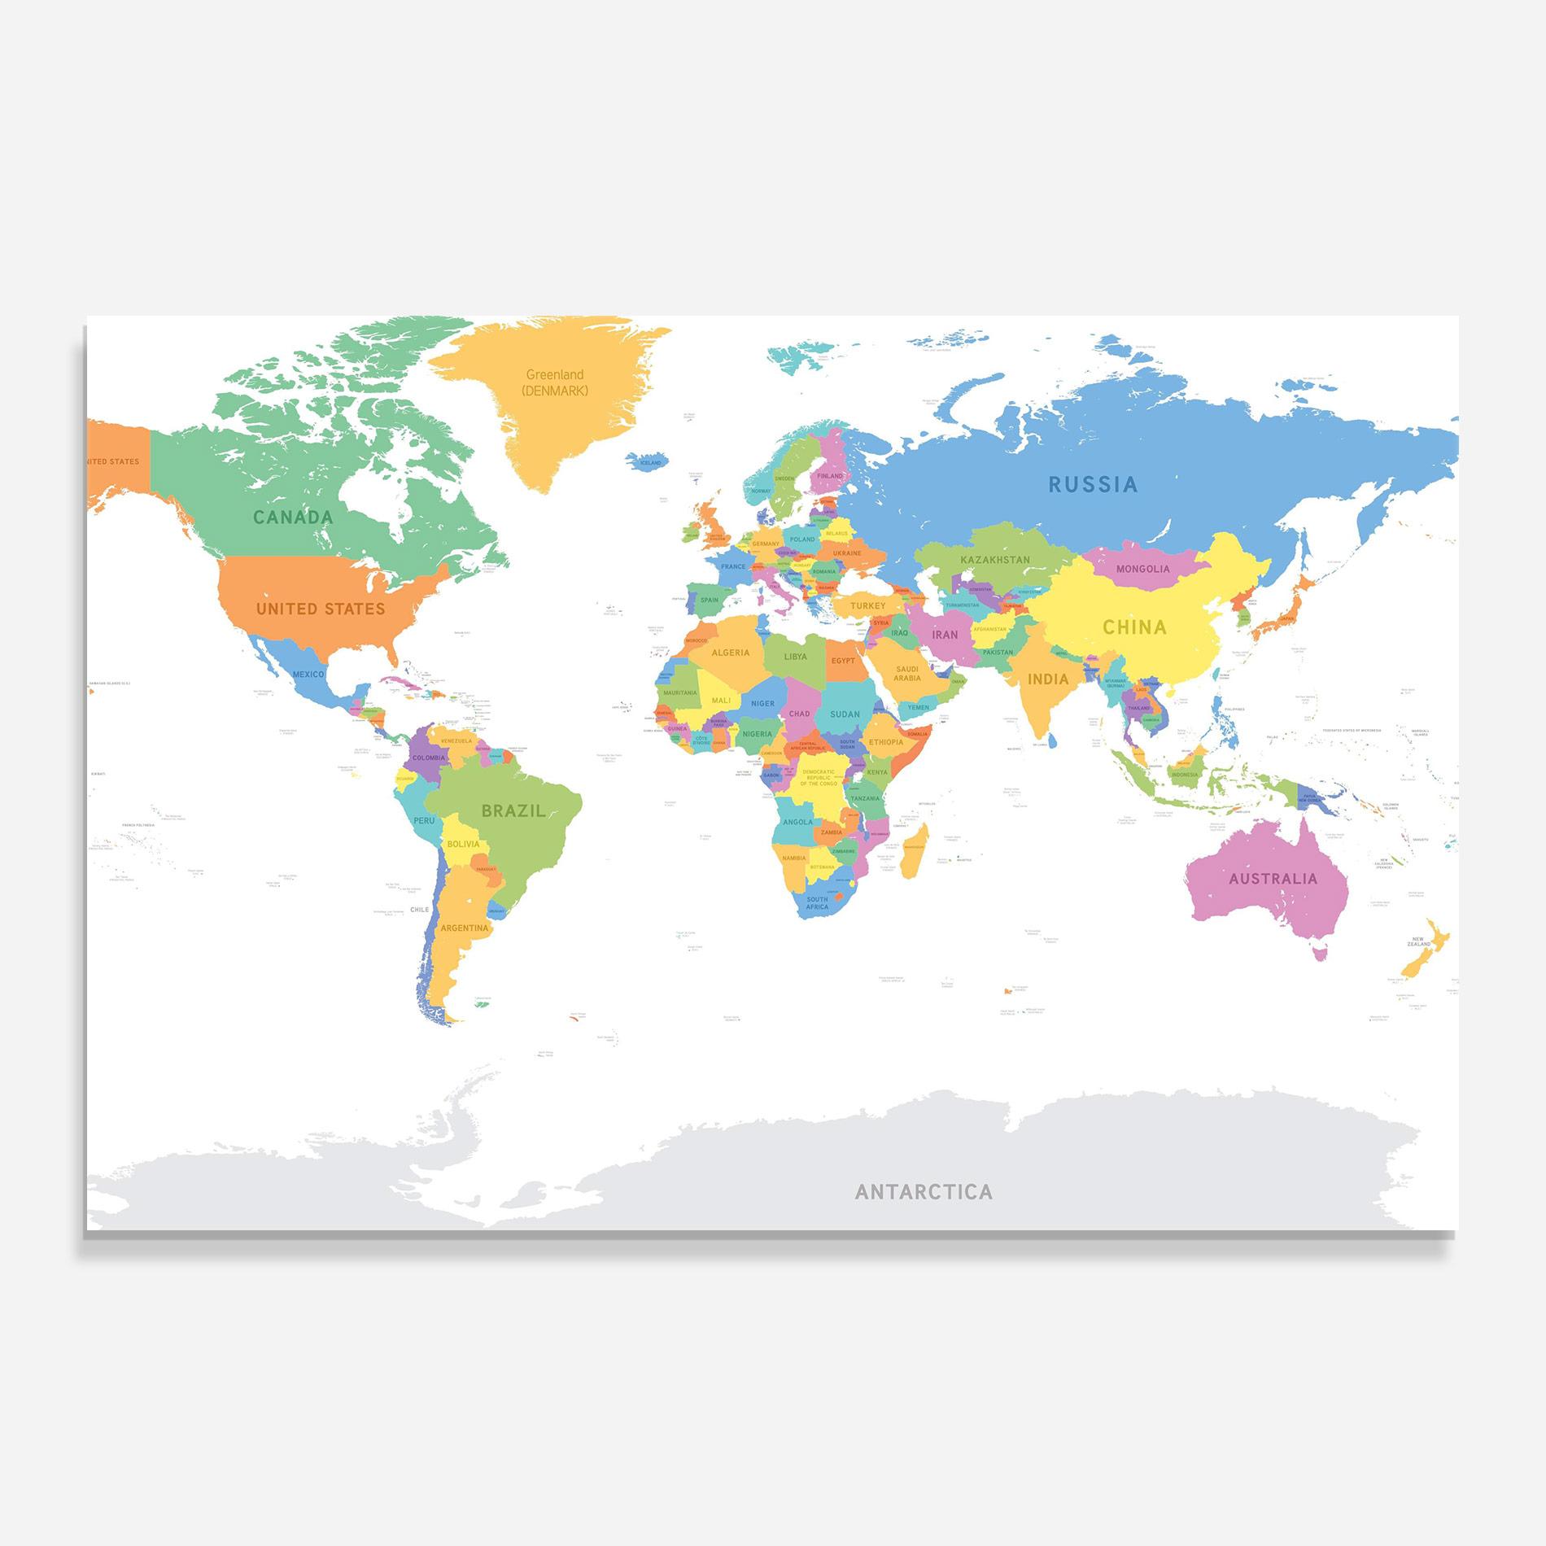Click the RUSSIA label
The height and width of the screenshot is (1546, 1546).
coord(1092,484)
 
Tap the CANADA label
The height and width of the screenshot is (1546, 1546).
coord(293,517)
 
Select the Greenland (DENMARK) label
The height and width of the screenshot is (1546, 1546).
coord(555,382)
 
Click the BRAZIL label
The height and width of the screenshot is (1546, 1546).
coord(513,810)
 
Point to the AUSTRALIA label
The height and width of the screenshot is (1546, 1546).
coord(1273,879)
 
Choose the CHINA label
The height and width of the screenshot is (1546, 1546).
coord(1134,627)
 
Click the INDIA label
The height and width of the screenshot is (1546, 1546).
coord(1048,679)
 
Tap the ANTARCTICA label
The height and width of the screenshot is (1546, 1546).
coord(924,1192)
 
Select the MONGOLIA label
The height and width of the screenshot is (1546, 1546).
coord(1142,569)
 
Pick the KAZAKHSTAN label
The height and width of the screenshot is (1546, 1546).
coord(994,560)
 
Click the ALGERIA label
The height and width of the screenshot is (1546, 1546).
coord(731,653)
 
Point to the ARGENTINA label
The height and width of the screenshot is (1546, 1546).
coord(465,928)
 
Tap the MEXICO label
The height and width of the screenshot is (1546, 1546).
coord(308,674)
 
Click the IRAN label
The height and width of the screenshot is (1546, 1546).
coord(945,635)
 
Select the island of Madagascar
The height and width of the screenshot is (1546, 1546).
coord(913,849)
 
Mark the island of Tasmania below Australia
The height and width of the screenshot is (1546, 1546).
coord(1321,951)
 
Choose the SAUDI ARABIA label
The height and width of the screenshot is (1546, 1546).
coord(907,673)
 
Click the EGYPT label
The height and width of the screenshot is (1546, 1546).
coord(843,661)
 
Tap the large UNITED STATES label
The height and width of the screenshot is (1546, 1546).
coord(321,609)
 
